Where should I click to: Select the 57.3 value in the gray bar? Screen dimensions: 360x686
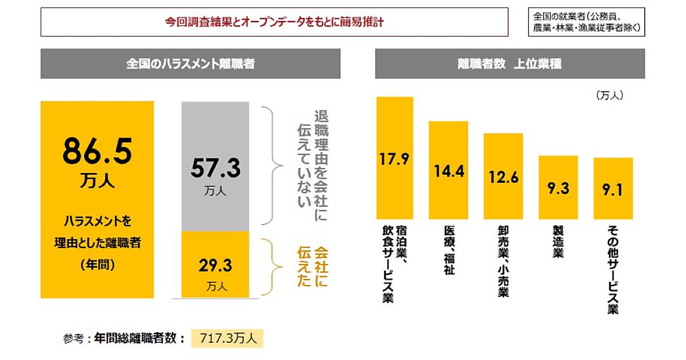pyautogui.click(x=215, y=169)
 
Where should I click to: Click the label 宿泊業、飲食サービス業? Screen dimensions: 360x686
pyautogui.click(x=394, y=263)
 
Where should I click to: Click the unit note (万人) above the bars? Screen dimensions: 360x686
pyautogui.click(x=609, y=96)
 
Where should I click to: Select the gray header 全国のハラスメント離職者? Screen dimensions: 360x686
pyautogui.click(x=190, y=64)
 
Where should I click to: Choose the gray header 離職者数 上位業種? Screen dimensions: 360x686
pyautogui.click(x=509, y=64)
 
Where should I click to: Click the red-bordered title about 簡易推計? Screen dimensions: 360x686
pyautogui.click(x=274, y=23)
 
